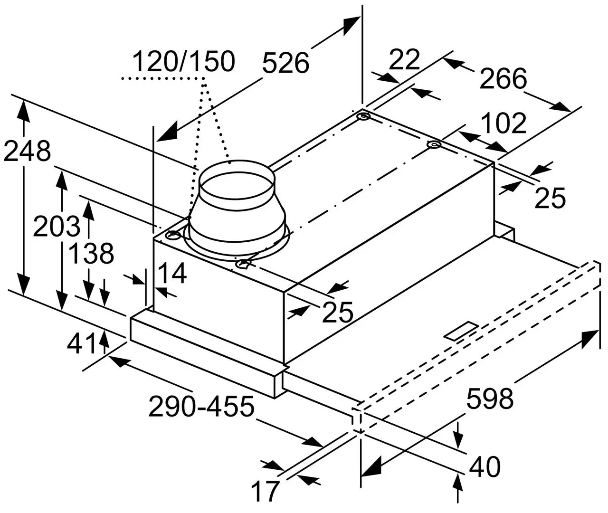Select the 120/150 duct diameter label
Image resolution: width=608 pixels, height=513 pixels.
[x=183, y=61]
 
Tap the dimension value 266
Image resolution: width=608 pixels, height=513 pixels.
[x=503, y=78]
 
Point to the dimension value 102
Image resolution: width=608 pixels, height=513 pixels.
[x=503, y=123]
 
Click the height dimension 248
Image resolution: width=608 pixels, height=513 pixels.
[x=26, y=151]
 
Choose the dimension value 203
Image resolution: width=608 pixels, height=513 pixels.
[x=56, y=227]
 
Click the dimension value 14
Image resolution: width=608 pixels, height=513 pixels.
[x=172, y=274]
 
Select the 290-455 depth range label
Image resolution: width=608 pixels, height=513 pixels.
[x=201, y=407]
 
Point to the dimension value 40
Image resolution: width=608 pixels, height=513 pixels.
[x=484, y=466]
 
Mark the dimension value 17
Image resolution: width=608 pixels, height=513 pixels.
[x=265, y=492]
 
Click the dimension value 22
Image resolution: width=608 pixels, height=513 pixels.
[x=405, y=59]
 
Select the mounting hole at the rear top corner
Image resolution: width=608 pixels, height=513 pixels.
[x=364, y=116]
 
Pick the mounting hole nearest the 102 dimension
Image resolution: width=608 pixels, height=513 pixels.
[x=433, y=145]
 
